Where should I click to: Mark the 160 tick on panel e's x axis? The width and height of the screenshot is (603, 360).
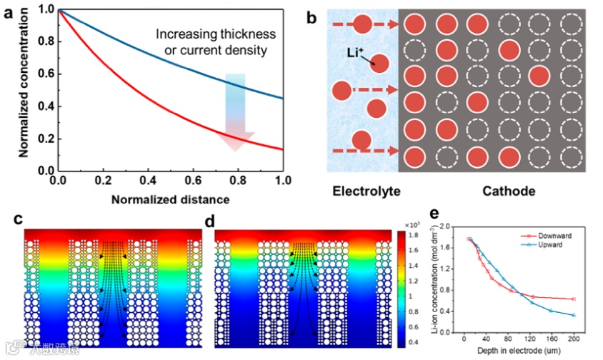(549, 339)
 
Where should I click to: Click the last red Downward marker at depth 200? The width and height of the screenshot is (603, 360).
(574, 299)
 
